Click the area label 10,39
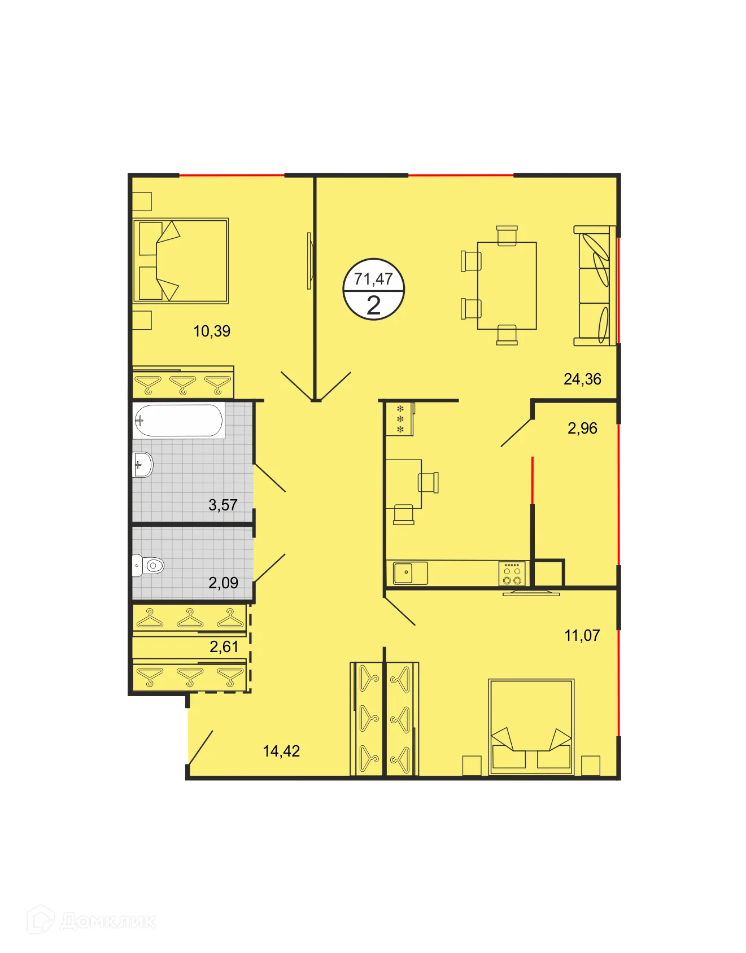click(212, 331)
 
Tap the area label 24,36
click(582, 379)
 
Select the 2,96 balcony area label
click(582, 428)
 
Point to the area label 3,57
click(223, 505)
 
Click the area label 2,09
click(223, 582)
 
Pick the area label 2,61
click(224, 646)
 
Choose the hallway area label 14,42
click(281, 751)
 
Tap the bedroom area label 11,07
click(582, 635)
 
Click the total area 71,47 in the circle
click(373, 278)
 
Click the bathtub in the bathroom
click(178, 420)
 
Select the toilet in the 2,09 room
click(149, 565)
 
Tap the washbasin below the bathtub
click(142, 465)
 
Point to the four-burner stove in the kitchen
click(512, 574)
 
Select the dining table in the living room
click(507, 286)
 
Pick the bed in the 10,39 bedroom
click(181, 260)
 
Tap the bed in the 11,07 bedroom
click(531, 727)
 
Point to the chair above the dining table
click(507, 235)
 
